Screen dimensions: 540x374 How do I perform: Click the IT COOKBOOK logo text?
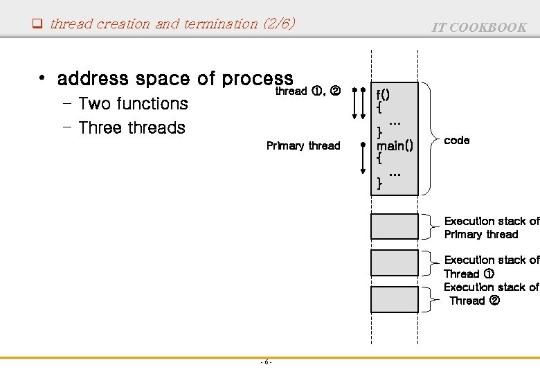[x=479, y=28]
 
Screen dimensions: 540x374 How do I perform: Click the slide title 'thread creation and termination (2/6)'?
[x=172, y=24]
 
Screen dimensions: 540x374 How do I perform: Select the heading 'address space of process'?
[x=175, y=79]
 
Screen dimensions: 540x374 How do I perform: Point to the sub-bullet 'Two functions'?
[x=133, y=104]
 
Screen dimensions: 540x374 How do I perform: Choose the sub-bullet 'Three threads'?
[x=132, y=128]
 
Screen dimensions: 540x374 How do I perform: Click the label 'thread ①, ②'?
[x=307, y=91]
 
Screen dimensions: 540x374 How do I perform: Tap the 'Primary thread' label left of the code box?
[x=303, y=145]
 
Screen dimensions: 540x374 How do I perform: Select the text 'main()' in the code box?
[x=394, y=145]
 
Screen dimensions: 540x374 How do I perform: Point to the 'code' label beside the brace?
[x=457, y=140]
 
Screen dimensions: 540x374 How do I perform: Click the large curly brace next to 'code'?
[x=431, y=139]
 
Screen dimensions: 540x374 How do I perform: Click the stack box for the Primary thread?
[x=395, y=226]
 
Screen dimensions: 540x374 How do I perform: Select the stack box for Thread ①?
[x=395, y=263]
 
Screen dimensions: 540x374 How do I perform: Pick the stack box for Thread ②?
[x=395, y=299]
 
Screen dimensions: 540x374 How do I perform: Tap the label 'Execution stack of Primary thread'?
[x=491, y=228]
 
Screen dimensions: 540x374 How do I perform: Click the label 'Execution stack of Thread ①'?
[x=491, y=267]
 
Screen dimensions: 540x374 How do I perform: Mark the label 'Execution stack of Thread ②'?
[x=491, y=294]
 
